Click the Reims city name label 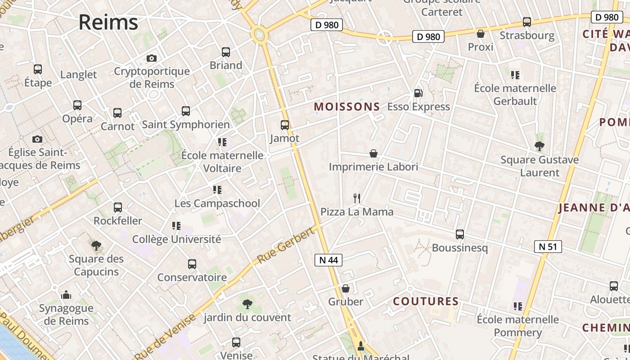(x=108, y=22)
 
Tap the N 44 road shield (x=328, y=260)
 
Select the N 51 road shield (x=548, y=246)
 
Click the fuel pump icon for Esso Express (x=418, y=93)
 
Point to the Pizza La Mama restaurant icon (x=357, y=198)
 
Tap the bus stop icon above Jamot (x=285, y=125)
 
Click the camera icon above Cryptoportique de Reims (x=152, y=58)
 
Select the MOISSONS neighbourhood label (x=347, y=107)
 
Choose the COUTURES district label (x=426, y=301)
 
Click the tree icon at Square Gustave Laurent (x=540, y=146)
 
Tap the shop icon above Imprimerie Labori (x=373, y=153)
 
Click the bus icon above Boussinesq (x=460, y=234)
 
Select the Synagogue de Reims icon (x=66, y=295)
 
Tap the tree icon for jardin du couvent (x=247, y=304)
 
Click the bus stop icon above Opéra (x=77, y=105)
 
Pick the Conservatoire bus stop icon (x=192, y=264)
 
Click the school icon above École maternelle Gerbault (x=515, y=75)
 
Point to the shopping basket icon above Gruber (x=346, y=288)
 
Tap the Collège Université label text (x=176, y=239)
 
